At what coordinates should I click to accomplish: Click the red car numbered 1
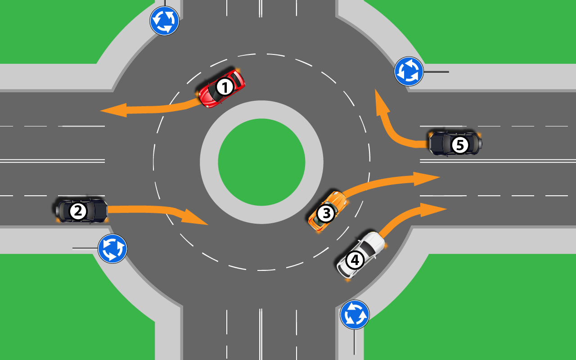point(222,88)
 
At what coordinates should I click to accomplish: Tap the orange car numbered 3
point(328,211)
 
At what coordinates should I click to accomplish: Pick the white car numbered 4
point(361,255)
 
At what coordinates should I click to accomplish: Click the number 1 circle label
point(225,87)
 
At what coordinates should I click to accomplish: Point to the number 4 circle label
point(355,260)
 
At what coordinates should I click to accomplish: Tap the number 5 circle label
point(459,145)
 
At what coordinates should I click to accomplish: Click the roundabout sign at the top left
point(165,21)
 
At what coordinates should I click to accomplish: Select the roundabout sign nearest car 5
point(409,71)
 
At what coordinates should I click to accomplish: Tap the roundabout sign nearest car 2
point(112,248)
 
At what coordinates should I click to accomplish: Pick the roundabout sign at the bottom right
point(355,315)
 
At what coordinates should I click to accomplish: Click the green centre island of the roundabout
point(261,162)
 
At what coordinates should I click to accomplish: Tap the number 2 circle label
point(78,211)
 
